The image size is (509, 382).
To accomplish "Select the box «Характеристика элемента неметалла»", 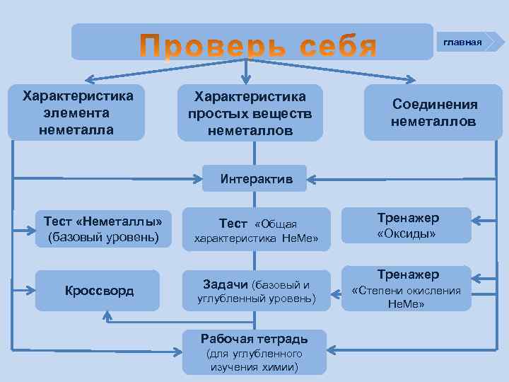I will tap(76, 112).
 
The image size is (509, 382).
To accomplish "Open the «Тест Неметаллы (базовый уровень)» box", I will tap(103, 228).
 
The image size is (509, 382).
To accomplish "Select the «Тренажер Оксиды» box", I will tap(407, 225).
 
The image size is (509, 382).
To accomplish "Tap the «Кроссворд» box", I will tap(99, 291).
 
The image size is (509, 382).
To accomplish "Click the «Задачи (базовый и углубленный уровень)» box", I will tap(257, 291).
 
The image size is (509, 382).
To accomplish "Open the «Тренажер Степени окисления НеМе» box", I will tap(407, 288).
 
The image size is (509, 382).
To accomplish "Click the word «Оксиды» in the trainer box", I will tap(406, 233).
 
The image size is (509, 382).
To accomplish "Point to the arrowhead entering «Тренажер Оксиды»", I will tap(476, 219).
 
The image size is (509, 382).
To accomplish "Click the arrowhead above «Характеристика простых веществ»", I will tap(246, 81).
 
